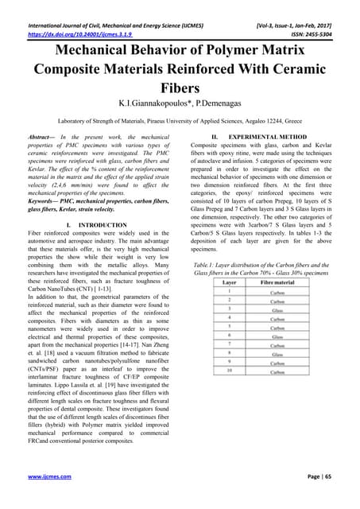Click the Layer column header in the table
(x=230, y=282)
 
